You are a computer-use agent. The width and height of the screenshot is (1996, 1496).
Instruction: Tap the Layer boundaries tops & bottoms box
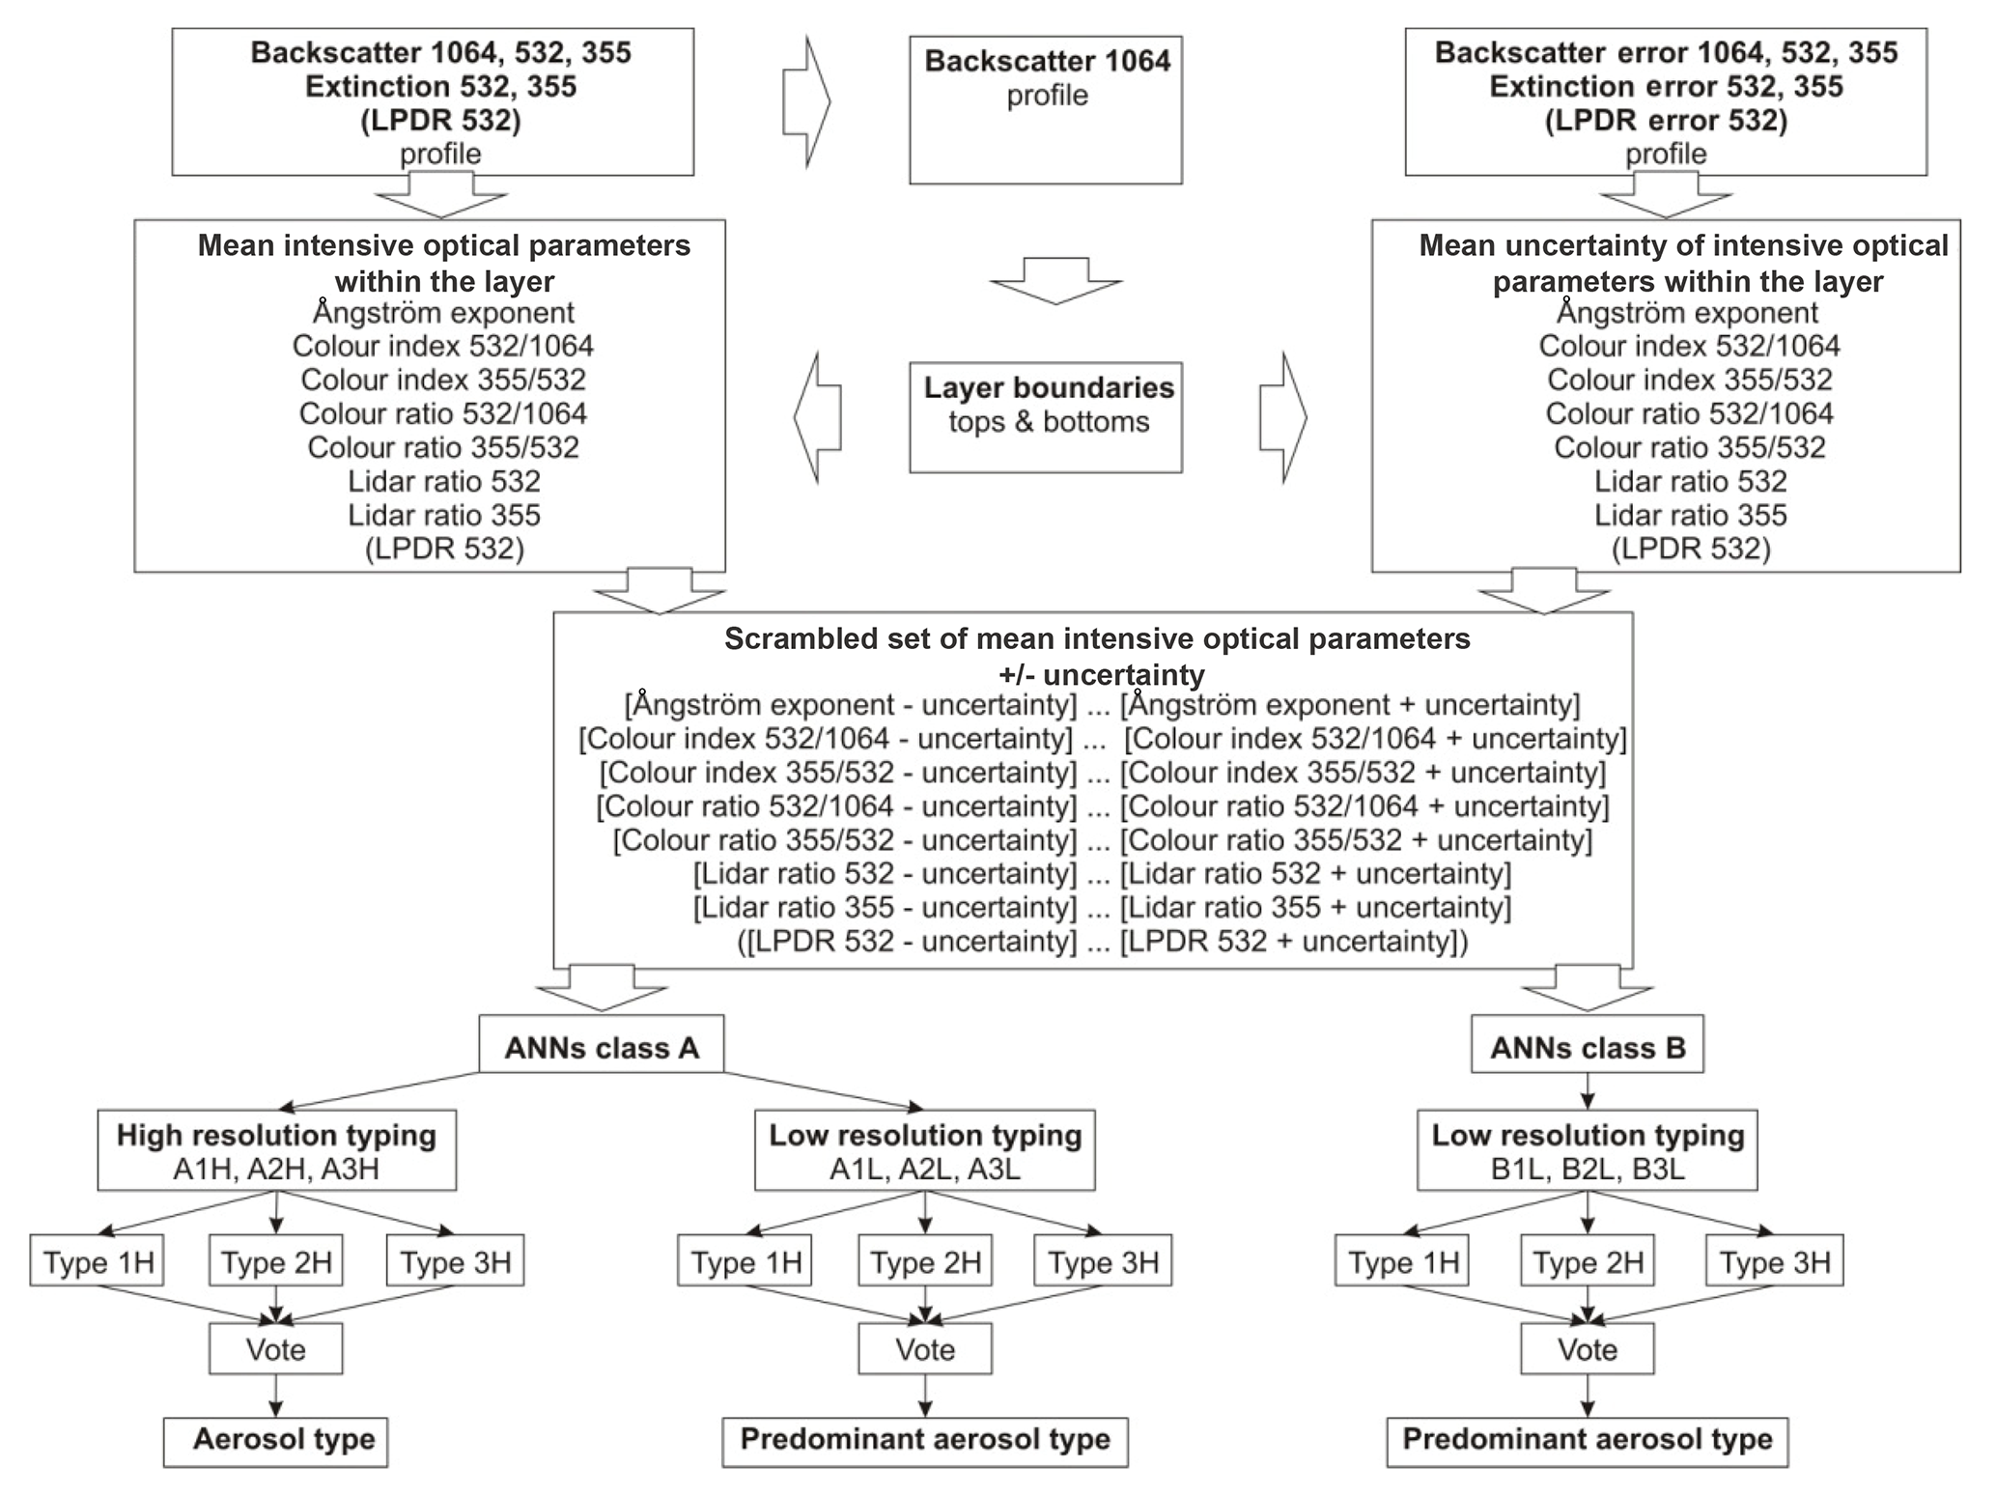click(x=1046, y=417)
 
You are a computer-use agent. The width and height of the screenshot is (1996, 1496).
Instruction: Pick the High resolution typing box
click(x=276, y=1151)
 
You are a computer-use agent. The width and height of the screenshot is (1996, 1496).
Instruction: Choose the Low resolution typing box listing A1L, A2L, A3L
click(x=924, y=1151)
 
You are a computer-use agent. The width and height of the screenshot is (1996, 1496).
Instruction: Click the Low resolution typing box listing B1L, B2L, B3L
click(x=1587, y=1151)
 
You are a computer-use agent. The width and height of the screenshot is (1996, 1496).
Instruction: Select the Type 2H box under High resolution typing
click(x=276, y=1262)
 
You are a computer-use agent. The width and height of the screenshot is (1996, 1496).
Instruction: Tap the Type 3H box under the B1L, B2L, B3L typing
click(x=1774, y=1262)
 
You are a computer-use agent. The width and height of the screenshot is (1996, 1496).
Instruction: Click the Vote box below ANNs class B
click(x=1587, y=1349)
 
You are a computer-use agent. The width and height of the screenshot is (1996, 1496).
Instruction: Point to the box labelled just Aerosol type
click(x=275, y=1440)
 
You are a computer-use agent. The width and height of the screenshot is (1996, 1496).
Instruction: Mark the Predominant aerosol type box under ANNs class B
click(x=1587, y=1440)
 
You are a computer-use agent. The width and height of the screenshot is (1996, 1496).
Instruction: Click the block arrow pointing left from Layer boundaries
click(x=818, y=417)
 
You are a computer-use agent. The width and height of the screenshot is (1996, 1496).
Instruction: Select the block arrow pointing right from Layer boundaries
click(x=1282, y=417)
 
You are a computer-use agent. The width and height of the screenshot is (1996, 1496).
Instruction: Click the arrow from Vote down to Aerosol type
click(x=276, y=1397)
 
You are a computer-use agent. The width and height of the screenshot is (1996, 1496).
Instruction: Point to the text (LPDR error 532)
click(x=1666, y=121)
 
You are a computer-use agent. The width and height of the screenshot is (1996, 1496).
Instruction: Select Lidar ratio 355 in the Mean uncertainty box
click(x=1690, y=515)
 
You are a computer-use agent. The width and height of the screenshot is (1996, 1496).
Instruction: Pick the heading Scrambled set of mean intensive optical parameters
click(x=1097, y=639)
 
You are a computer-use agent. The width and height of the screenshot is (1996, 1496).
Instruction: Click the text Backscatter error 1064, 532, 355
click(x=1666, y=52)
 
